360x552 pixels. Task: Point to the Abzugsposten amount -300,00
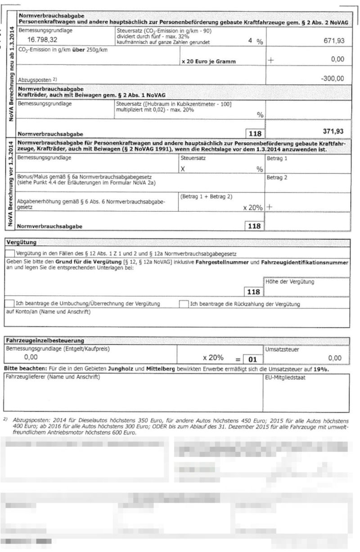[x=332, y=78]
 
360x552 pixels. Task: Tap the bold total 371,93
[x=333, y=131]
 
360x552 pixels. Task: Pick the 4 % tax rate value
[x=255, y=41]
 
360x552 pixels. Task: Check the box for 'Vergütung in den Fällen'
[x=9, y=253]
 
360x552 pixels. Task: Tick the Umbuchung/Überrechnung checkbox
[x=9, y=304]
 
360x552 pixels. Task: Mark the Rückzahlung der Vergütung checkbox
[x=184, y=304]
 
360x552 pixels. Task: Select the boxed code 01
[x=252, y=359]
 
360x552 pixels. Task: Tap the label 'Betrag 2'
[x=277, y=177]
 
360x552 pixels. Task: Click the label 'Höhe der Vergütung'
[x=291, y=282]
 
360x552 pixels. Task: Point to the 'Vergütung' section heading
[x=21, y=242]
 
